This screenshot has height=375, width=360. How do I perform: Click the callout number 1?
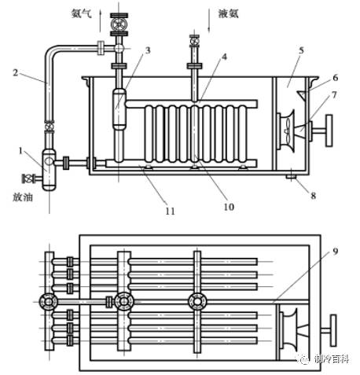coord(21,151)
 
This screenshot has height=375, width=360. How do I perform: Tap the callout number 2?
coord(16,72)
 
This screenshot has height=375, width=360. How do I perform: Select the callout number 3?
coord(148,50)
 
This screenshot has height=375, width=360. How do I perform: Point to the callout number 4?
coord(224,57)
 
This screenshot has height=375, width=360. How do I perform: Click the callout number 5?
coord(301,50)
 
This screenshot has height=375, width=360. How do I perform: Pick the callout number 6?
coord(336,78)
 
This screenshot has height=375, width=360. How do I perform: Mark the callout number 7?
coord(335,94)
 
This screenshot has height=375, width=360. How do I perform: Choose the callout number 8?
coord(314,196)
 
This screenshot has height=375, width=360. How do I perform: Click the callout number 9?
coord(336,252)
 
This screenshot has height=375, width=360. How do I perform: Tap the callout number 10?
coord(229,207)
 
